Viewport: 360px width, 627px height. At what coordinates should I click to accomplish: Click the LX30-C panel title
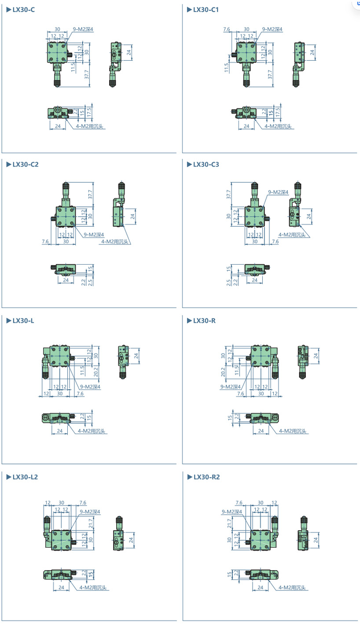[x=23, y=10]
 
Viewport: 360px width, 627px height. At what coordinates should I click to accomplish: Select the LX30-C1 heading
[x=206, y=10]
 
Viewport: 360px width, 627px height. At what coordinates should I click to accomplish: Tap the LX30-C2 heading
[x=26, y=165]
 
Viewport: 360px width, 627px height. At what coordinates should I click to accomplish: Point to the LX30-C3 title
[x=206, y=165]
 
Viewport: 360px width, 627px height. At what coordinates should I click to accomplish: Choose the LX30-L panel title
[x=23, y=321]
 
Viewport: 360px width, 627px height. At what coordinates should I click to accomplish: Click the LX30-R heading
[x=205, y=321]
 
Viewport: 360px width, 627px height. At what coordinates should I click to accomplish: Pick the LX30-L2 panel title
[x=25, y=477]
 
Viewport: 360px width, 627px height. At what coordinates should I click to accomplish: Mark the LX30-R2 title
[x=207, y=477]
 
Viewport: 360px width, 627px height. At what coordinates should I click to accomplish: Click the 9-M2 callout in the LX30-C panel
[x=83, y=29]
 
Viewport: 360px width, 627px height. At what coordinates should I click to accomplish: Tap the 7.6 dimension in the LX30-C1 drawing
[x=227, y=29]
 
